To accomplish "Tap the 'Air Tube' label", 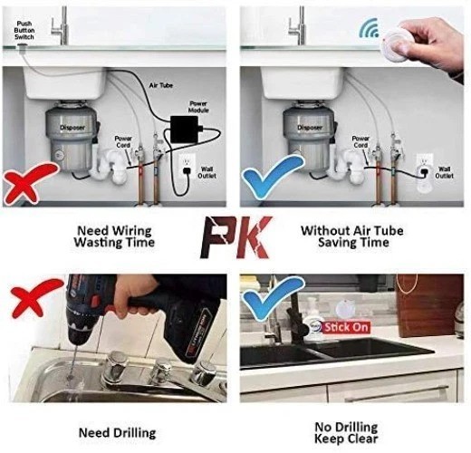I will (x=159, y=83).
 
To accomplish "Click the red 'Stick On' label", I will (x=347, y=327).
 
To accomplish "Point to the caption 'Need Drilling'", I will (x=116, y=433).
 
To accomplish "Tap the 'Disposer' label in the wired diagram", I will (x=72, y=127).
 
